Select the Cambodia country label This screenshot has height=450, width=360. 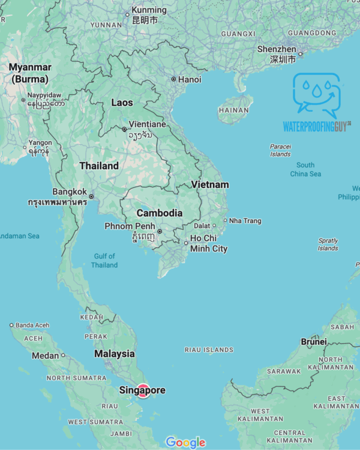pyautogui.click(x=160, y=213)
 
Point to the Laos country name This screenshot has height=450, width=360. pyautogui.click(x=122, y=103)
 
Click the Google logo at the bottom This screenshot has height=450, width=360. pyautogui.click(x=185, y=443)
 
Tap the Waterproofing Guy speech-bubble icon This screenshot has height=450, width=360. pyautogui.click(x=316, y=95)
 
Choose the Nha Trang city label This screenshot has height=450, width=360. pyautogui.click(x=245, y=221)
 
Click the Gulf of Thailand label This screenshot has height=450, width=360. pyautogui.click(x=104, y=260)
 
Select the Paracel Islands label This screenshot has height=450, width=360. pyautogui.click(x=280, y=150)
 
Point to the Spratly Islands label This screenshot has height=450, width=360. pyautogui.click(x=328, y=244)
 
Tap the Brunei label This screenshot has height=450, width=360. pyautogui.click(x=314, y=341)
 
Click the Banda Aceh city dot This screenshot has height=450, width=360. pyautogui.click(x=11, y=325)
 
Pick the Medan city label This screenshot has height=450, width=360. pyautogui.click(x=46, y=355)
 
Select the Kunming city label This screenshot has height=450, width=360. pyautogui.click(x=148, y=10)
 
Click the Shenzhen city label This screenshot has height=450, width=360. pyautogui.click(x=277, y=49)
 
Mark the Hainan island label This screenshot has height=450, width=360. pyautogui.click(x=233, y=110)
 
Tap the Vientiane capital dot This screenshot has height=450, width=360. pyautogui.click(x=124, y=129)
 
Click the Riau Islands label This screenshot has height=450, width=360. pyautogui.click(x=209, y=350)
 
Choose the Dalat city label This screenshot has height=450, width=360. pyautogui.click(x=202, y=226)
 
